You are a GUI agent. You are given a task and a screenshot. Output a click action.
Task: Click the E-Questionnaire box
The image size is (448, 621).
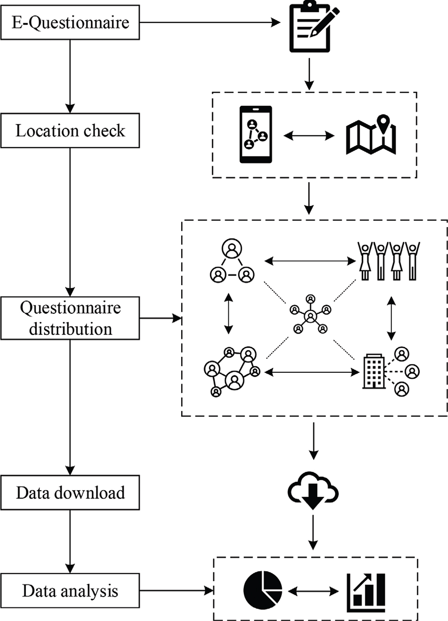(x=70, y=22)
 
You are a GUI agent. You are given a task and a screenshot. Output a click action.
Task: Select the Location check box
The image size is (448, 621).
(x=70, y=131)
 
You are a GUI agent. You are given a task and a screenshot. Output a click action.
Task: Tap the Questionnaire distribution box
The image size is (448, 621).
(x=70, y=318)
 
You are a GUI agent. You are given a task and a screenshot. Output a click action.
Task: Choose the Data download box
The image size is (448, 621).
(x=70, y=493)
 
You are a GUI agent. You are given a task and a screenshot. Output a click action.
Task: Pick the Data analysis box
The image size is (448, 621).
(x=70, y=591)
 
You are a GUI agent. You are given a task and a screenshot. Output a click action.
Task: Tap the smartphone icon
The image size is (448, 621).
(x=256, y=134)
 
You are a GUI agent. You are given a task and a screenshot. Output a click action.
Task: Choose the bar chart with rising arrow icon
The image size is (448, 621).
(x=367, y=592)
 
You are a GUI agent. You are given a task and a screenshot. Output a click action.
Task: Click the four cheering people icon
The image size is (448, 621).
(x=389, y=261)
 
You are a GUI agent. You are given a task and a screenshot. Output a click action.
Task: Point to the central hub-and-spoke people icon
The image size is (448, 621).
(x=310, y=315)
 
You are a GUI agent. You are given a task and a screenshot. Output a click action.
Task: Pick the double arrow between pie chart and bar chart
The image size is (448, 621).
(x=313, y=591)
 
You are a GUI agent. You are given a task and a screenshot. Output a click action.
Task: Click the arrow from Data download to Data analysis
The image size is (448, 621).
(x=70, y=541)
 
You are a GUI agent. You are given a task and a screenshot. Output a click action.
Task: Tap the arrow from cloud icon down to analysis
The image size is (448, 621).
(x=313, y=532)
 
